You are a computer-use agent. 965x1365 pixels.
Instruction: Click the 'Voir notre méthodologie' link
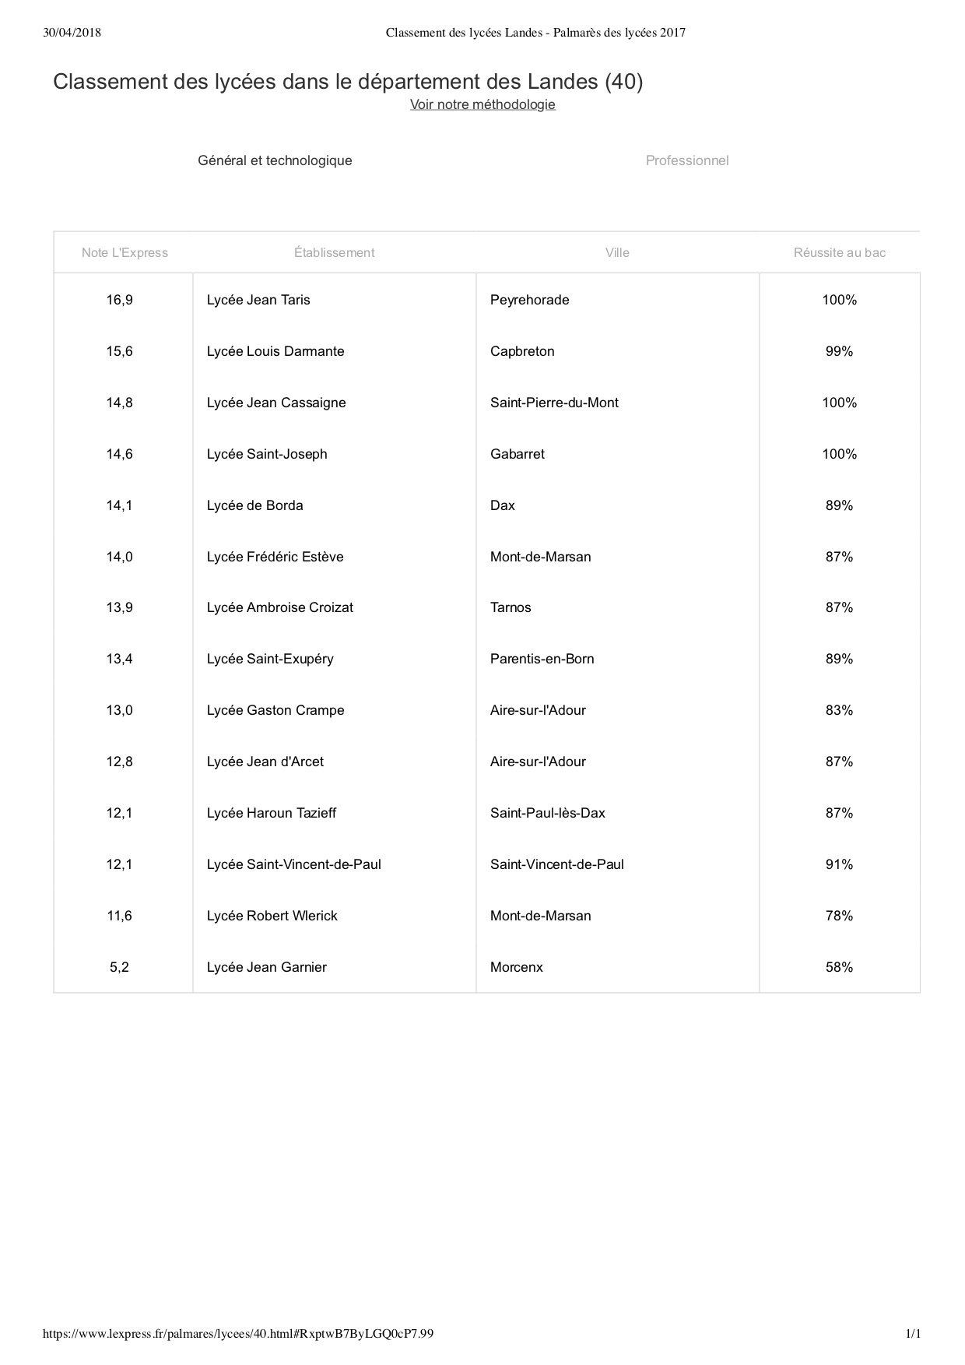coord(482,104)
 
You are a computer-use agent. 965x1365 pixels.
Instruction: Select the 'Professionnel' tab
coord(687,160)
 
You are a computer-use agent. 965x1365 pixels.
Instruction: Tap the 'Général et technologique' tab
coord(275,160)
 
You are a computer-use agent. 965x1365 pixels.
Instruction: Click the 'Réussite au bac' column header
coord(839,252)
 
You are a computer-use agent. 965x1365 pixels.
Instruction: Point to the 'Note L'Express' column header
coord(125,252)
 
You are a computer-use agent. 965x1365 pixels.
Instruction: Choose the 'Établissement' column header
coord(334,252)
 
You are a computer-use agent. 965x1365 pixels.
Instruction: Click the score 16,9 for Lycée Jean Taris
coord(120,300)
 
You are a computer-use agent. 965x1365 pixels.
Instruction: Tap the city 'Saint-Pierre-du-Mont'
coord(554,403)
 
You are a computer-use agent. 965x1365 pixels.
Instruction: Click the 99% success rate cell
coord(839,351)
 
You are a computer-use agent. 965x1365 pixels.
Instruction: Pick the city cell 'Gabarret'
coord(518,454)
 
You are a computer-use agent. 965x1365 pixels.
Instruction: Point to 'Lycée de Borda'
coord(255,505)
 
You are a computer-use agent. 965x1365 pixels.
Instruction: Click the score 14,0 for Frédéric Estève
coord(120,557)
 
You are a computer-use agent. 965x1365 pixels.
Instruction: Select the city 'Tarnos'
coord(511,607)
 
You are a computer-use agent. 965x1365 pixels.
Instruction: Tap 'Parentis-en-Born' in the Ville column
coord(542,659)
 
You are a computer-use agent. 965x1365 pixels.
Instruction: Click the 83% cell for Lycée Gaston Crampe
coord(839,710)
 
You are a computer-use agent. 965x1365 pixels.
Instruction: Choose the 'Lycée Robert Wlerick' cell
coord(272,916)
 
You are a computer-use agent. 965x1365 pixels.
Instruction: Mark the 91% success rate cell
coord(839,864)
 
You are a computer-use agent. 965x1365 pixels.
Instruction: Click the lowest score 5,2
coord(120,967)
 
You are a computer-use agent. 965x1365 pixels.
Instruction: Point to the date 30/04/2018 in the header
coord(72,33)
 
